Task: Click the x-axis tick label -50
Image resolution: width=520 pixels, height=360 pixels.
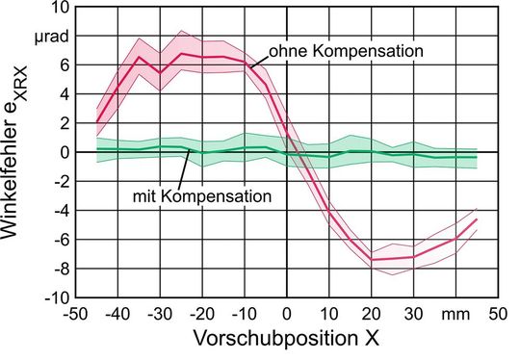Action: point(75,315)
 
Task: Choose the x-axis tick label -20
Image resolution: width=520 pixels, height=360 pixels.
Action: point(200,315)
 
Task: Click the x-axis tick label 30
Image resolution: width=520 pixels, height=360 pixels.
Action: point(413,315)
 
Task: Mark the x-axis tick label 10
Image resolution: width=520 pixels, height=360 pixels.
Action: point(328,315)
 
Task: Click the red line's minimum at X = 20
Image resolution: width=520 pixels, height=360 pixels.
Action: point(372,259)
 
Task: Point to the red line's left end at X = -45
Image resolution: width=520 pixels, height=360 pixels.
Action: point(97,122)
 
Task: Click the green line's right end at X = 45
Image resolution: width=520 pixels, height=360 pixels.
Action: point(477,157)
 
